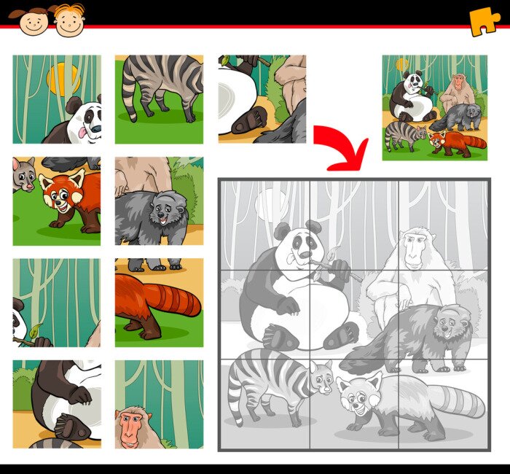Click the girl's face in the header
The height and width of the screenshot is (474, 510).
point(33,22)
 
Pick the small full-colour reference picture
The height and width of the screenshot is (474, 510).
point(435,107)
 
